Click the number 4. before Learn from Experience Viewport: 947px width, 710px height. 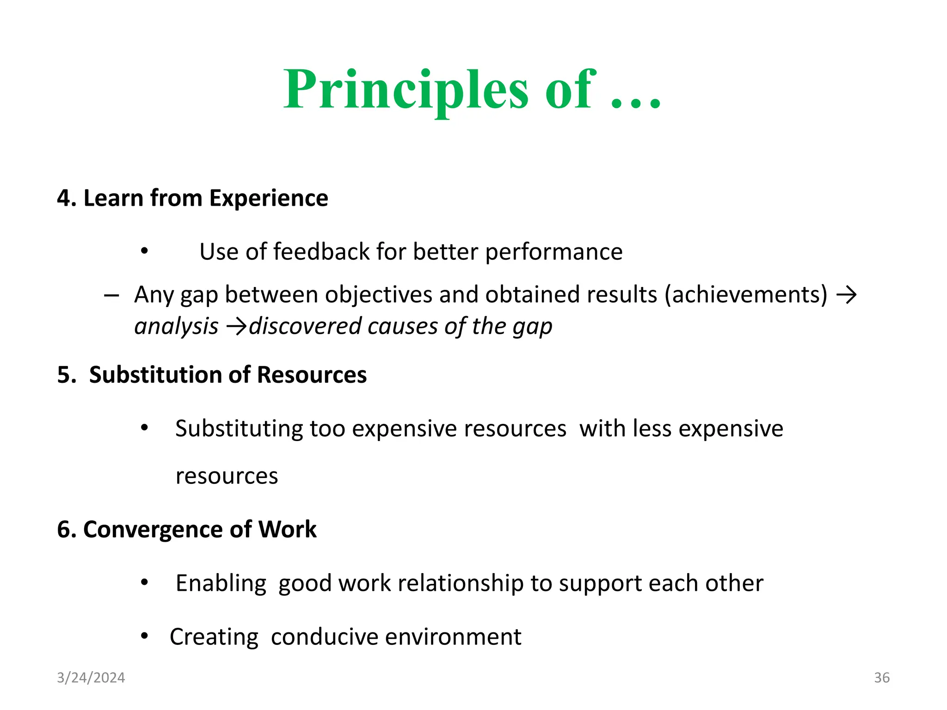click(x=66, y=198)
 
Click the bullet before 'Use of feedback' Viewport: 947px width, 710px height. click(x=145, y=251)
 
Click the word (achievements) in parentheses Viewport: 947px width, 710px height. click(x=746, y=295)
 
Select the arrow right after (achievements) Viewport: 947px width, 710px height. click(x=846, y=295)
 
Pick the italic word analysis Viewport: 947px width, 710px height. click(x=176, y=326)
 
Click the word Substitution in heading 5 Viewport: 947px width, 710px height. click(x=155, y=375)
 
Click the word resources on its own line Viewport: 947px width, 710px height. click(x=227, y=476)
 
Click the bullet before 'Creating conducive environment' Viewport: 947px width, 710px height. click(x=145, y=637)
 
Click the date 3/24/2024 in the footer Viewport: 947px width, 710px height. click(x=91, y=678)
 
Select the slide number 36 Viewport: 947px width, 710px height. click(x=881, y=678)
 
